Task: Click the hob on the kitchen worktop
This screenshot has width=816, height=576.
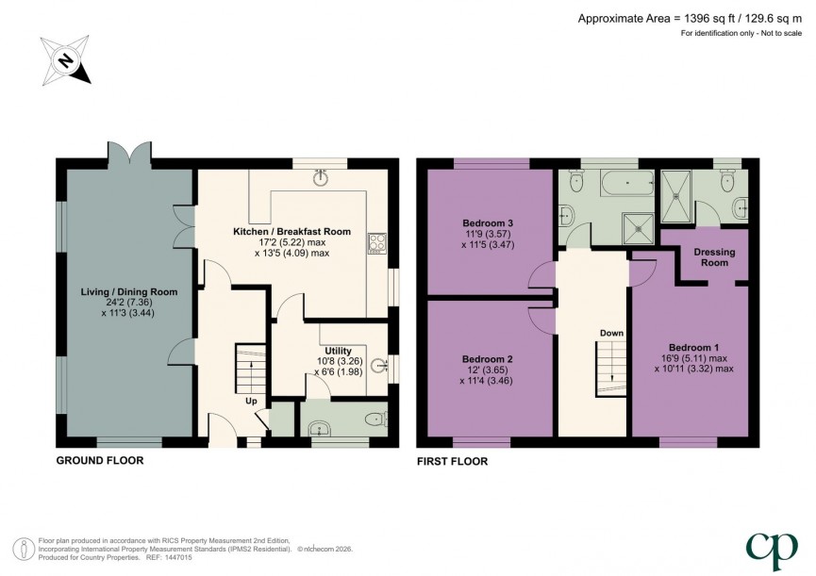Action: (377, 242)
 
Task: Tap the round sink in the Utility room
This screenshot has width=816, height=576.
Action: (379, 367)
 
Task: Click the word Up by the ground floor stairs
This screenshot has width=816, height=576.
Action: (251, 400)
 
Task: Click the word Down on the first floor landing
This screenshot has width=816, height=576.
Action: (610, 334)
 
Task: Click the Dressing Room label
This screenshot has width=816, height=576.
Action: (714, 257)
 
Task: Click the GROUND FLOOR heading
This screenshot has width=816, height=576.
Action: (100, 461)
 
